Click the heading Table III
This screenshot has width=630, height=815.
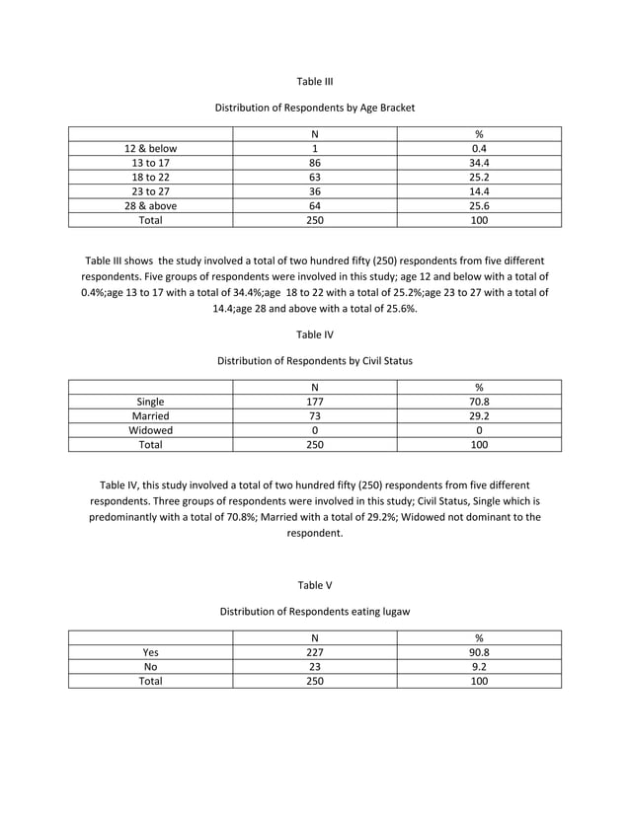pyautogui.click(x=315, y=81)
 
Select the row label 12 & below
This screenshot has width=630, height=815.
pyautogui.click(x=150, y=149)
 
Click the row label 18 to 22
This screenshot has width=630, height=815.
pyautogui.click(x=150, y=178)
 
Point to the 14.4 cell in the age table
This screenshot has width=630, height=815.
pyautogui.click(x=479, y=192)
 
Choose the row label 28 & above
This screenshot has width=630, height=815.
pyautogui.click(x=150, y=206)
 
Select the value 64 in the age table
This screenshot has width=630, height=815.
pyautogui.click(x=315, y=206)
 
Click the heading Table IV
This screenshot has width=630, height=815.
pyautogui.click(x=315, y=334)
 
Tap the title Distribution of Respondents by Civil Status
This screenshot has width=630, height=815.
pyautogui.click(x=315, y=361)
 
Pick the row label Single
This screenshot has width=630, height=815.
pyautogui.click(x=150, y=402)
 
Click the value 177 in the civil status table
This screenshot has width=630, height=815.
pyautogui.click(x=315, y=402)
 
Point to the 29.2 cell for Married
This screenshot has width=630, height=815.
pyautogui.click(x=479, y=416)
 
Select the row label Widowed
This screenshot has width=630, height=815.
pyautogui.click(x=150, y=430)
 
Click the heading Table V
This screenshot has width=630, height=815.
pyautogui.click(x=315, y=585)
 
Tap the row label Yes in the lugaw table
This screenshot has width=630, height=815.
pyautogui.click(x=150, y=651)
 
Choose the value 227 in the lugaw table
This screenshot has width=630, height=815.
pyautogui.click(x=315, y=651)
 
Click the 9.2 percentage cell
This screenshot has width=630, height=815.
pyautogui.click(x=479, y=666)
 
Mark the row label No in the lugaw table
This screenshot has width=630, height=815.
pyautogui.click(x=150, y=666)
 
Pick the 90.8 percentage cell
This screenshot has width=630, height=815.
pyautogui.click(x=479, y=651)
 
